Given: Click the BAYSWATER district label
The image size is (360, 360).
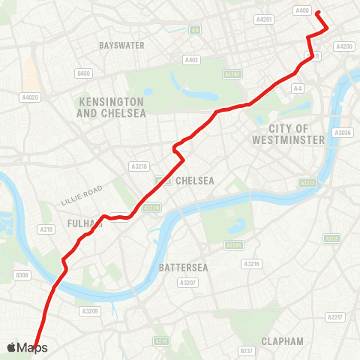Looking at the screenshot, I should tap(121, 46).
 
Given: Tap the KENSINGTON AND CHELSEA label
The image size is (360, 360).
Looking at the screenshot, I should tap(110, 106).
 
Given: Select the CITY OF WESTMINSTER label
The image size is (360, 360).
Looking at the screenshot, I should tap(289, 134).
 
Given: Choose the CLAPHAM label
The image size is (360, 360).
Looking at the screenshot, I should tap(283, 341).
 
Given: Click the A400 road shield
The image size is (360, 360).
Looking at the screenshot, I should tap(302, 10).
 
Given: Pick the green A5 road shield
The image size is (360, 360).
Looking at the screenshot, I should tap(195, 30).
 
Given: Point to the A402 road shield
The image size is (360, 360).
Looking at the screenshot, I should tap(191, 60).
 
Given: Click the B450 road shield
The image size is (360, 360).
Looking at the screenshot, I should tap(84, 73).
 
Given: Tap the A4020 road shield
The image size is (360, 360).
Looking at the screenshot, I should tap(30, 97).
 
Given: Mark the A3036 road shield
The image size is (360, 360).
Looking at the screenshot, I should tap(343, 133).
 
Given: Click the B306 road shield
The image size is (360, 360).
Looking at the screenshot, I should tap(22, 275).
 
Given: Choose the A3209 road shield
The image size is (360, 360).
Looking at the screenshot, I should tap(90, 310).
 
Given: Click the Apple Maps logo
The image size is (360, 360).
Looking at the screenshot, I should tap(27, 347).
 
